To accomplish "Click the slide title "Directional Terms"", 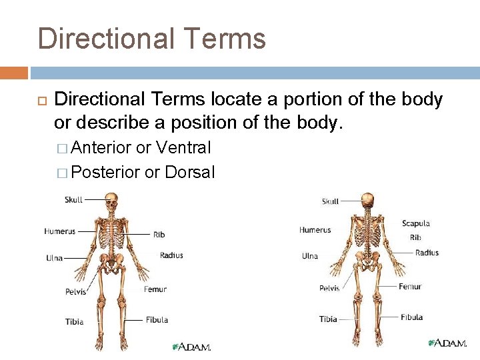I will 152,39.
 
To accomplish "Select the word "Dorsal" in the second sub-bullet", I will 191,172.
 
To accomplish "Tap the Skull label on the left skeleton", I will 74,199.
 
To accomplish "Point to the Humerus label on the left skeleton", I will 59,231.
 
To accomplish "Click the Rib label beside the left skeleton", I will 159,235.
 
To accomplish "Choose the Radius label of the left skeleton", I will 171,255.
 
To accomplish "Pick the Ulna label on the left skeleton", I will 55,258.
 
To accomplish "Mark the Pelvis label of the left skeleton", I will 75,291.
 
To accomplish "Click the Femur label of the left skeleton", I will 155,289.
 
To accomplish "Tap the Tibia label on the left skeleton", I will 74,321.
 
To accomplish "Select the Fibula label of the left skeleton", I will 157,320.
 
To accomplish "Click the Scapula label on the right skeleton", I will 415,223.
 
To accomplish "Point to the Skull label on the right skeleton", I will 330,201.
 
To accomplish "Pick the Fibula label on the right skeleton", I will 411,317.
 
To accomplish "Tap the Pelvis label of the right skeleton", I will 329,288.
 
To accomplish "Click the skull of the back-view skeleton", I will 367,200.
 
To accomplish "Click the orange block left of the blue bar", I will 14,73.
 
